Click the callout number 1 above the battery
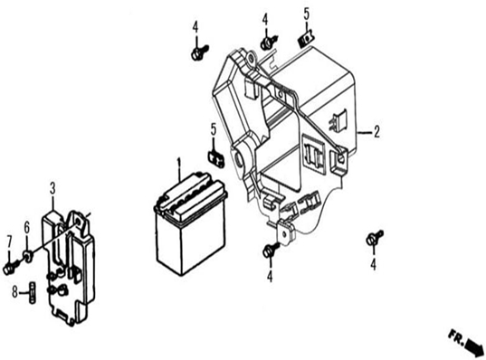coord(178,165)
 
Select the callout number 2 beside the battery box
coord(376,132)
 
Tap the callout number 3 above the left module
coord(52,189)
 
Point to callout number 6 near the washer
coord(27,228)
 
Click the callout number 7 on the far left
coord(9,242)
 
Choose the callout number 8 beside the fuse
coord(14,291)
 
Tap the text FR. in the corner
coord(455,336)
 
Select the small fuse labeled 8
coord(33,292)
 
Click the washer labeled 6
coord(28,256)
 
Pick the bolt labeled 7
coord(10,268)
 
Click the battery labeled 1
coord(190,223)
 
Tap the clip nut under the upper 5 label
coord(305,40)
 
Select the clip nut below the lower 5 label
coord(215,157)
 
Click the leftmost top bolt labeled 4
coord(198,52)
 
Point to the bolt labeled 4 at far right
coord(374,238)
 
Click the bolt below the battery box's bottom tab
coord(270,250)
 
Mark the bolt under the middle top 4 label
coord(269,43)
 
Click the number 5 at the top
coord(306,14)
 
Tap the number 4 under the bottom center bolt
coord(270,276)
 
